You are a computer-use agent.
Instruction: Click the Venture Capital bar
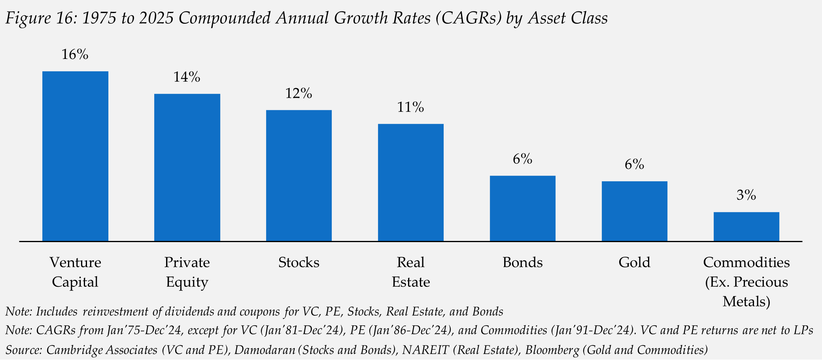click(75, 156)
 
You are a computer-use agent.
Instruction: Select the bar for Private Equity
click(187, 167)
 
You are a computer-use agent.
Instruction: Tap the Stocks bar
click(299, 176)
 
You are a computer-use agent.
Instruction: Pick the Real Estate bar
click(410, 182)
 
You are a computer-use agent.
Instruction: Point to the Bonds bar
click(522, 208)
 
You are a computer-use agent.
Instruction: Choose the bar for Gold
click(634, 211)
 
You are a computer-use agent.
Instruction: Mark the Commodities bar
click(746, 227)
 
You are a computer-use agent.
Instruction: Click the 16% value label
click(75, 55)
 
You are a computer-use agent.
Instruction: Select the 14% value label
click(187, 77)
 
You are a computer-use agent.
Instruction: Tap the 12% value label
click(299, 94)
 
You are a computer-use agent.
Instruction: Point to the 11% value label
click(410, 107)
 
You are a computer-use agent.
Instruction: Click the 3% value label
click(746, 195)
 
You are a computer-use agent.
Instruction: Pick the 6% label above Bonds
click(522, 159)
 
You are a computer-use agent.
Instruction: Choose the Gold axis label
click(634, 262)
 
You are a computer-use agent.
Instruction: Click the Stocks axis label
click(299, 262)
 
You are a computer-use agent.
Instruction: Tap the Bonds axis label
click(522, 262)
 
